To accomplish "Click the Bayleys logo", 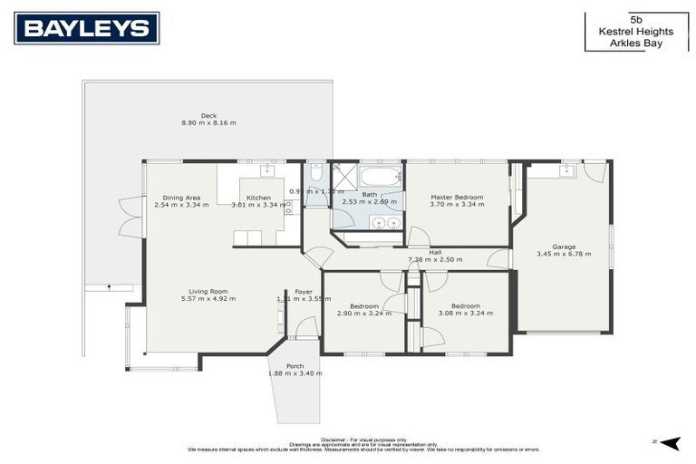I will tap(86, 29).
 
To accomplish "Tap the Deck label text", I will tap(208, 115).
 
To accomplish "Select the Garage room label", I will tap(564, 246).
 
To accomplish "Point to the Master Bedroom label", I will tap(457, 197).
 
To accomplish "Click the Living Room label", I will tap(208, 290).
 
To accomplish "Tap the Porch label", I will tap(295, 365).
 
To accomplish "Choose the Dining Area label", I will tap(181, 197).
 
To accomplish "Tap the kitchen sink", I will tap(268, 169).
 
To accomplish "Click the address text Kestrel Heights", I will tap(635, 30).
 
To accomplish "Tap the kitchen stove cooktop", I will tap(289, 207).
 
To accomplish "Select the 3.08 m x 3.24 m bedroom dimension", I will tap(466, 314).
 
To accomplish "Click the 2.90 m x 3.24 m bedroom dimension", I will tap(363, 314).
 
